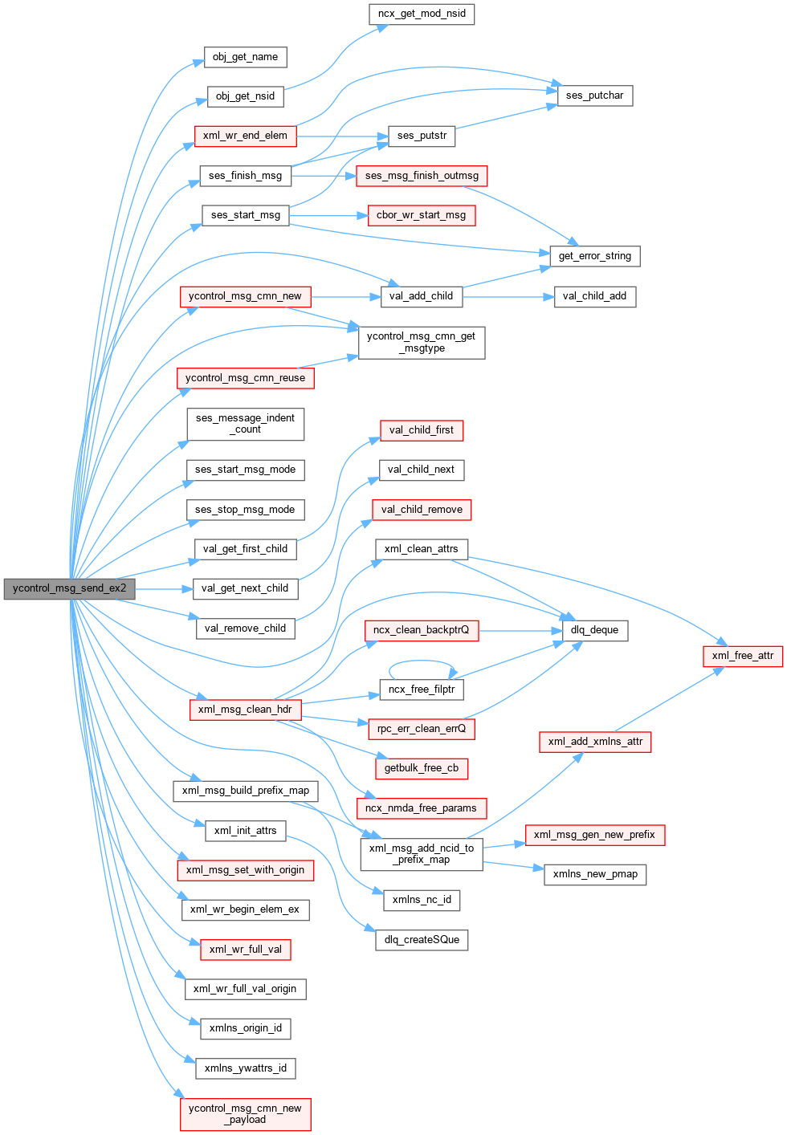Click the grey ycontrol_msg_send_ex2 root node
69,588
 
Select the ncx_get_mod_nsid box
422,14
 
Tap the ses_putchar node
594,96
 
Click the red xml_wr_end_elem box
245,136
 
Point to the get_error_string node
594,256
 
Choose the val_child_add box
594,296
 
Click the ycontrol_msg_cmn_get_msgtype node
421,342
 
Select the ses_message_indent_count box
245,424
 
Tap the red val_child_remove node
422,510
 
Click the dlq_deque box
594,630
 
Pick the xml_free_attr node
743,656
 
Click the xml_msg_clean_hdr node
245,710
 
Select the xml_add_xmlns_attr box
595,742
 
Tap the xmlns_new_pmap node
595,874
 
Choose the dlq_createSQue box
422,940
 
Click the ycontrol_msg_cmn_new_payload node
245,1114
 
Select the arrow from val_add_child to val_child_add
508,297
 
